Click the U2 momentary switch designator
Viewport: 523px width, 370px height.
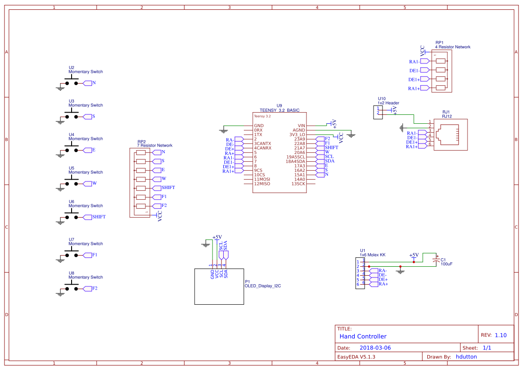pos(72,67)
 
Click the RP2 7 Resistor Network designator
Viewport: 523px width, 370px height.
pos(141,142)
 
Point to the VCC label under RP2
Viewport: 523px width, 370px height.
pos(160,216)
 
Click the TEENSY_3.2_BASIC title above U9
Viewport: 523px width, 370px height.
pos(280,110)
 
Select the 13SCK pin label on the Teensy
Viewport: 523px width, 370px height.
pos(298,184)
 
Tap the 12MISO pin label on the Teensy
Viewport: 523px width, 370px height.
pos(262,184)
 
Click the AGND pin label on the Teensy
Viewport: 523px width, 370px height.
pos(298,130)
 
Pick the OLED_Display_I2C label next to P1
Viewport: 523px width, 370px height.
pos(263,286)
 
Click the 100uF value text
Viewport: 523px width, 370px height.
pos(446,264)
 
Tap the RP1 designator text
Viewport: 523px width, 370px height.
pos(439,42)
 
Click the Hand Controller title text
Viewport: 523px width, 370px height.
pos(363,336)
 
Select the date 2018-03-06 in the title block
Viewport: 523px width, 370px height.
pos(375,348)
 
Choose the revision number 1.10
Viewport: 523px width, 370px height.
pos(501,335)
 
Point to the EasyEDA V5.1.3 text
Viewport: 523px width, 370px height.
pos(356,357)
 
